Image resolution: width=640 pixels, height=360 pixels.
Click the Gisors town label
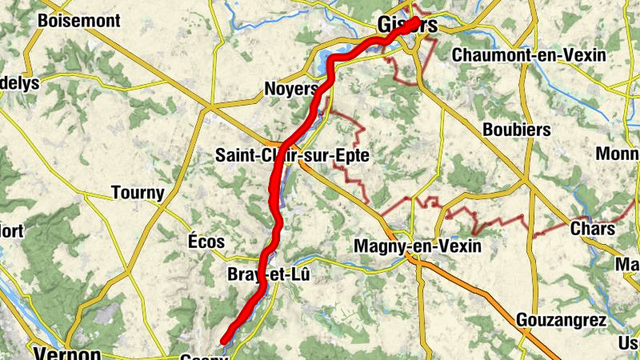410,26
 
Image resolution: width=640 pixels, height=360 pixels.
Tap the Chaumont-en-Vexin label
529,55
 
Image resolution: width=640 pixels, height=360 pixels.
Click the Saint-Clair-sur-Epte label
292,156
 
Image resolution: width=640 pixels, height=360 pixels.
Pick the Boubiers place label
516,130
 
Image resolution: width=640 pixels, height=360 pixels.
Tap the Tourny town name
138,193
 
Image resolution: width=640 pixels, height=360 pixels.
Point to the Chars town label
593,230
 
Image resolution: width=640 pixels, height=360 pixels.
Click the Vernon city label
66,354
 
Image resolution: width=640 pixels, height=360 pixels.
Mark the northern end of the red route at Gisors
416,22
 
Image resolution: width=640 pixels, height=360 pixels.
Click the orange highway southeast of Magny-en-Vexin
496,304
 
